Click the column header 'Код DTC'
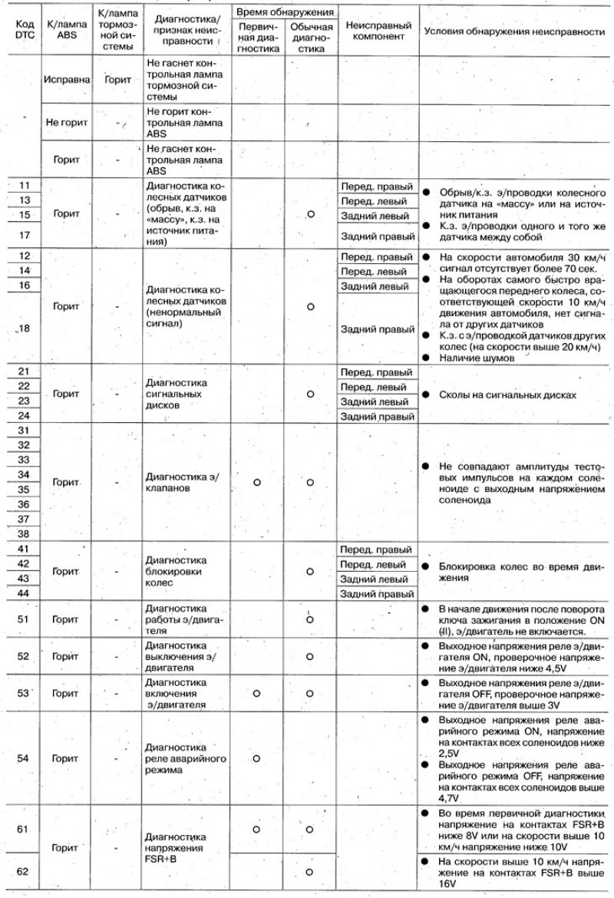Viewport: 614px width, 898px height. point(23,31)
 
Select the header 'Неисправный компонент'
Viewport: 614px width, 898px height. point(377,31)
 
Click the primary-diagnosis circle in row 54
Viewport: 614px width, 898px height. point(257,758)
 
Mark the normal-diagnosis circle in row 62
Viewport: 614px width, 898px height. point(310,872)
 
